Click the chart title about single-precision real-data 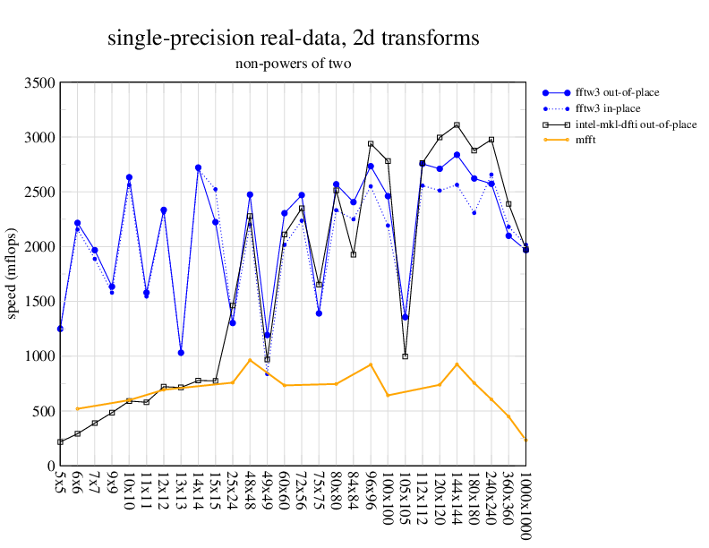pos(293,39)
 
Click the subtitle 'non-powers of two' pos(293,64)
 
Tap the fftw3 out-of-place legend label pos(618,92)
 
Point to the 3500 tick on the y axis pos(38,83)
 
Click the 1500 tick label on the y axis pos(38,302)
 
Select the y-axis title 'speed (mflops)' pos(13,274)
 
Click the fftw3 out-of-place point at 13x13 pos(181,353)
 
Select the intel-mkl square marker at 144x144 pos(457,125)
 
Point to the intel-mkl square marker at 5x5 pos(60,441)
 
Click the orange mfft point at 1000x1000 pos(525,440)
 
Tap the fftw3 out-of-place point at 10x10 pos(129,177)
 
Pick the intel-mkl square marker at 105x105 pos(405,356)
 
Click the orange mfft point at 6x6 pos(77,408)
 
